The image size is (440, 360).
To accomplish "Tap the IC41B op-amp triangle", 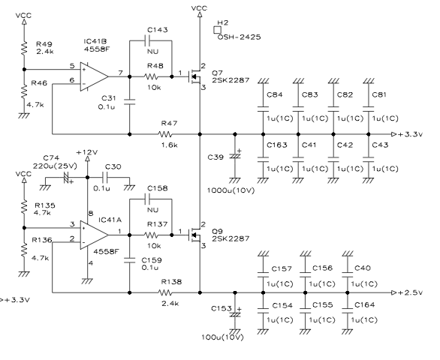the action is [x=94, y=76].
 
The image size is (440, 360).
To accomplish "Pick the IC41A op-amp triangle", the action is [x=94, y=235].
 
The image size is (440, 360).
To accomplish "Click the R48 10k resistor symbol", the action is [x=151, y=76].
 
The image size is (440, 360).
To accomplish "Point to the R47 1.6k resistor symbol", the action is [x=165, y=134].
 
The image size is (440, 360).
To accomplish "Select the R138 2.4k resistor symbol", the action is [x=165, y=292].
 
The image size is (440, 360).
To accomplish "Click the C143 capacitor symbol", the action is [x=147, y=40].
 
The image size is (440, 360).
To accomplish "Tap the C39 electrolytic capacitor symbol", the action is [x=235, y=155].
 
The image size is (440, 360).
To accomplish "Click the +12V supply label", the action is [x=87, y=152].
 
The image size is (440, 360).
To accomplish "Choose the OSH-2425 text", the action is [x=239, y=37].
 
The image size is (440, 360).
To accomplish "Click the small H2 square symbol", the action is [x=217, y=30].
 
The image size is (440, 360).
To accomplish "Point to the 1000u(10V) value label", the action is [x=231, y=190].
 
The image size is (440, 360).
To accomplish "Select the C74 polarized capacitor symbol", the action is [x=67, y=178].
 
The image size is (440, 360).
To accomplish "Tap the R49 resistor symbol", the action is [x=24, y=48].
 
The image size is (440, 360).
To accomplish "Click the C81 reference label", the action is [x=379, y=94].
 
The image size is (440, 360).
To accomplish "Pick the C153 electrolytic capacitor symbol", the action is [x=235, y=313].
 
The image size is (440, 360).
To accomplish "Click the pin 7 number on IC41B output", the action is [x=120, y=73].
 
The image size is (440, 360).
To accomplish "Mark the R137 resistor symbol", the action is [x=151, y=235].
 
